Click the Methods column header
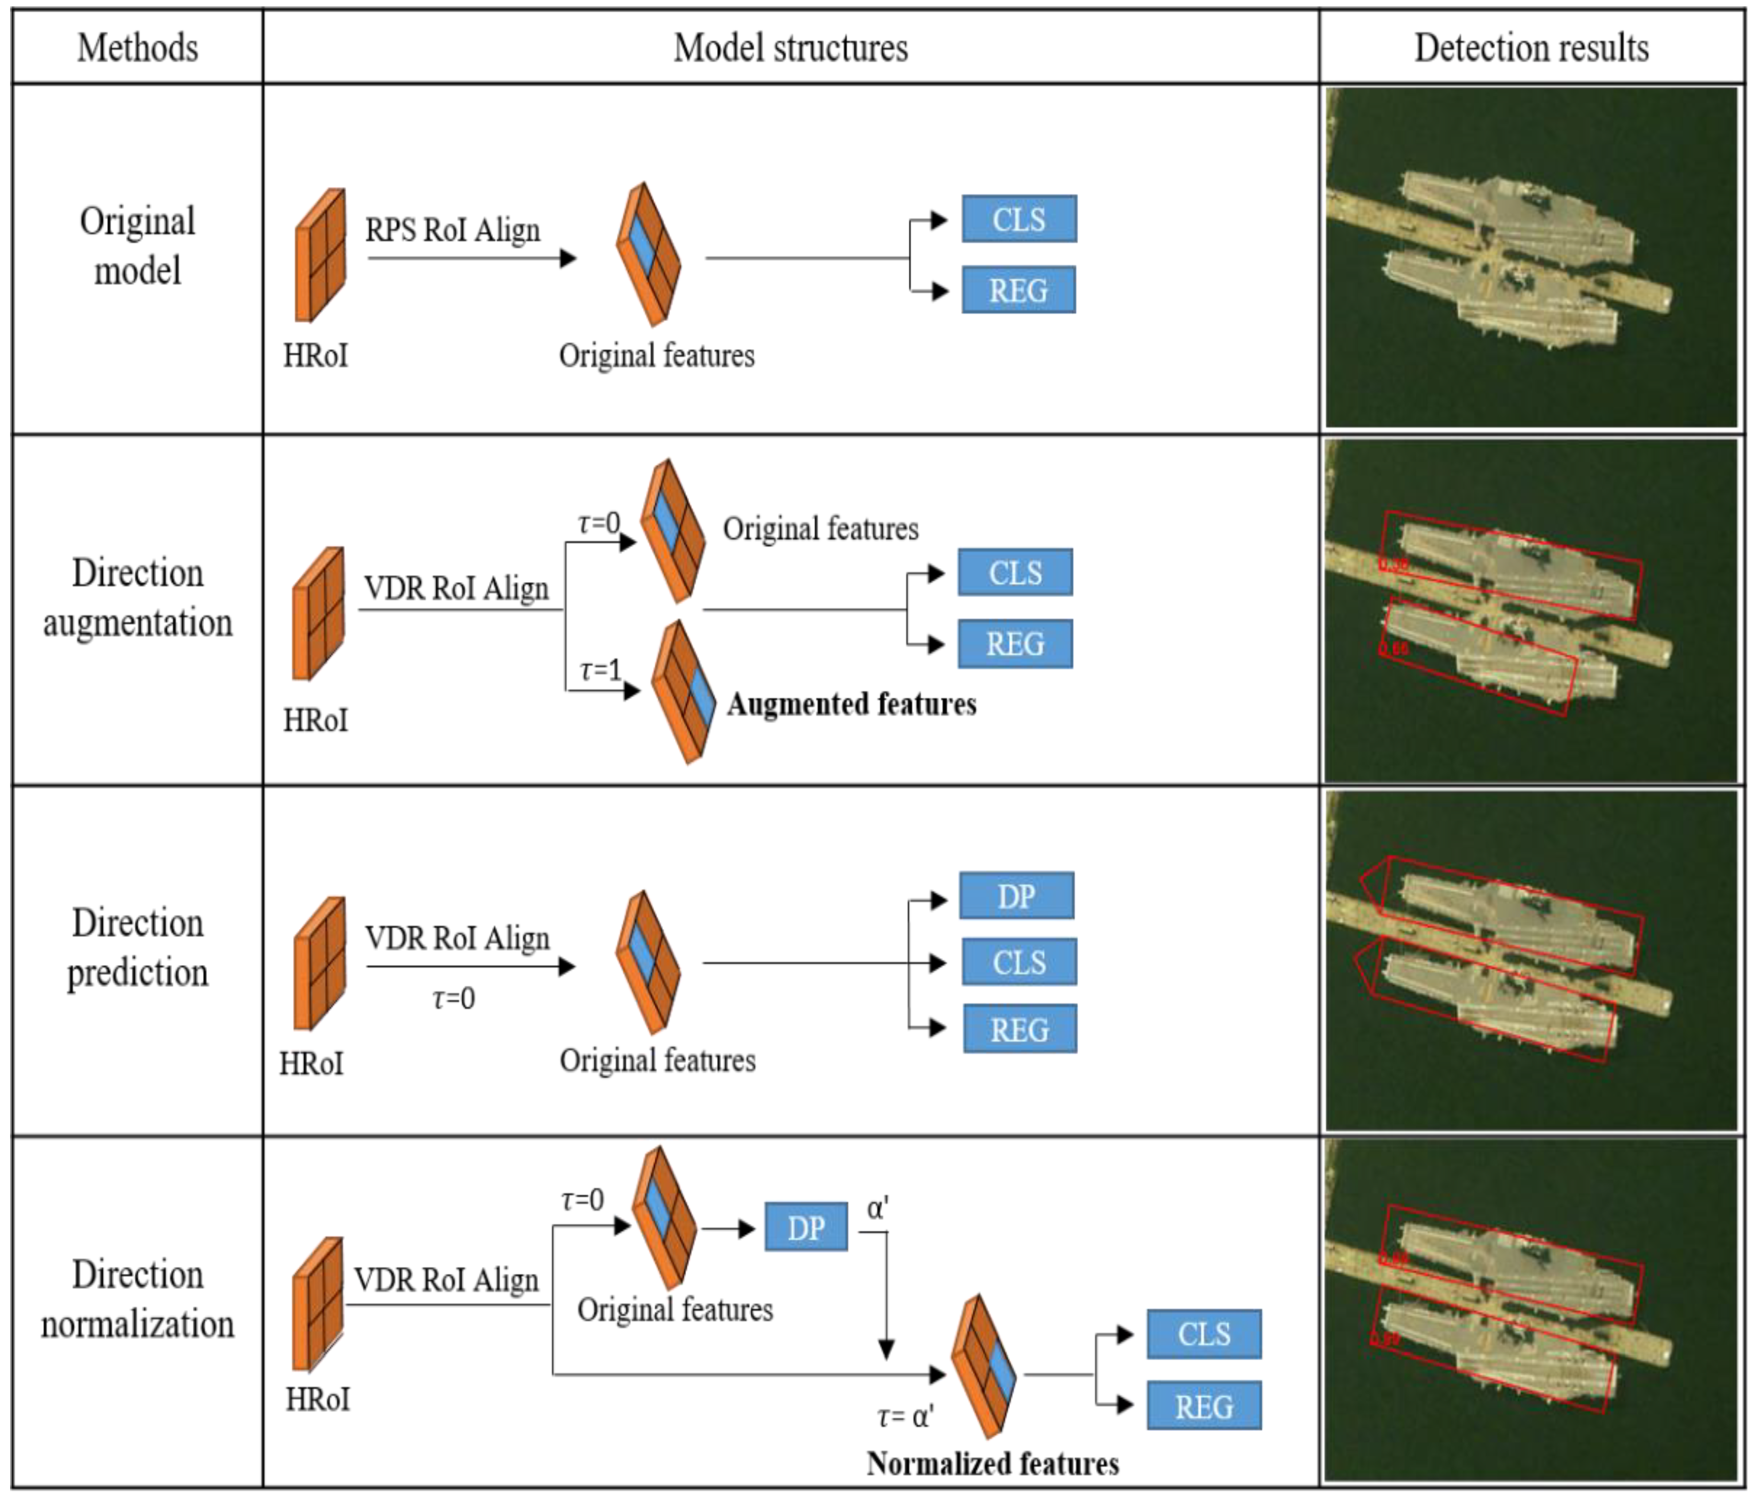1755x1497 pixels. tap(137, 47)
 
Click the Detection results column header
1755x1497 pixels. tap(1531, 47)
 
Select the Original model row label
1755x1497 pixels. tap(137, 246)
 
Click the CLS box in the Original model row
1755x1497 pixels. tap(1019, 219)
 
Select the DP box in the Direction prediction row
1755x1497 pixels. tap(1016, 896)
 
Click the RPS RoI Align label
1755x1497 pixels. tap(452, 230)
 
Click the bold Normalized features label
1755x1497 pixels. tap(992, 1463)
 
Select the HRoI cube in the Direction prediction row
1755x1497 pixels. tap(320, 963)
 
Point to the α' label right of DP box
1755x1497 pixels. tap(878, 1207)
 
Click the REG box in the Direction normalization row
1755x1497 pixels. tap(1204, 1406)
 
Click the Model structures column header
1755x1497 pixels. tap(790, 47)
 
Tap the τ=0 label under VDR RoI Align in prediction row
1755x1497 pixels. tap(453, 999)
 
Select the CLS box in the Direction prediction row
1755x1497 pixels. tap(1019, 962)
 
